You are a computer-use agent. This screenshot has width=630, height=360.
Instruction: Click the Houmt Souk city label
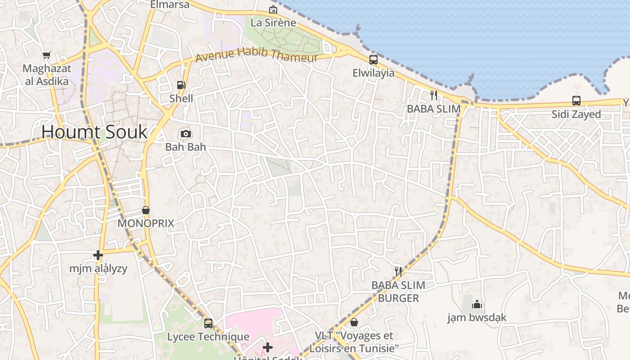94,132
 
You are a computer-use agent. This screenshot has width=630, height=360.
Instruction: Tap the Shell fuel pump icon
181,85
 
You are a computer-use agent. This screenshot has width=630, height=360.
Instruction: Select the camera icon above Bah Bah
185,134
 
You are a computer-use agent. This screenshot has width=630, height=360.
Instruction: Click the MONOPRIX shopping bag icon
146,210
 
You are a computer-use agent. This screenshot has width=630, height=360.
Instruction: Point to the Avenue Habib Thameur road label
256,55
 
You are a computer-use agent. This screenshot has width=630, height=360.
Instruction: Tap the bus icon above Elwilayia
373,59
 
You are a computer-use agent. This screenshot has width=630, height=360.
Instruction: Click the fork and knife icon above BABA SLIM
434,95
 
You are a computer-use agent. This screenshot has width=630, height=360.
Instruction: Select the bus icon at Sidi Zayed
576,100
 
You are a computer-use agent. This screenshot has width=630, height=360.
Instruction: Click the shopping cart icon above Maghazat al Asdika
46,55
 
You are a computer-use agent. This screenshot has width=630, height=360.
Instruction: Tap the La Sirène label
273,22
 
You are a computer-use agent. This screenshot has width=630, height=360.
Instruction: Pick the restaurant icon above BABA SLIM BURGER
398,271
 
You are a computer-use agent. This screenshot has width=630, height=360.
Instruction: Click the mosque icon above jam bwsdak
477,305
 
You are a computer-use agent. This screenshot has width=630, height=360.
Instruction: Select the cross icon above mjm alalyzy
98,255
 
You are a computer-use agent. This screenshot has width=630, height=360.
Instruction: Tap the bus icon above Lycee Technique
208,323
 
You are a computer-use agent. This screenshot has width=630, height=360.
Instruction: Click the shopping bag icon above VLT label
354,322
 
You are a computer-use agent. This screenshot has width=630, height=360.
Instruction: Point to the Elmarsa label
170,4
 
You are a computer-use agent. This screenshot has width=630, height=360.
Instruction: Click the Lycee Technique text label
208,337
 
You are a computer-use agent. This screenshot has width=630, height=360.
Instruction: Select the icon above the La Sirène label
273,9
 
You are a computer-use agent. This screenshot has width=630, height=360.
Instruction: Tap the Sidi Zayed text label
576,114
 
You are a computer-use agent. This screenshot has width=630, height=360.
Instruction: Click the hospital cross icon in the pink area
268,347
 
